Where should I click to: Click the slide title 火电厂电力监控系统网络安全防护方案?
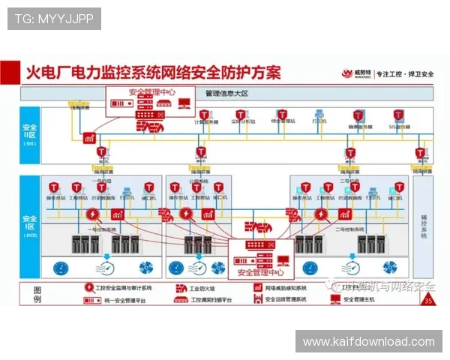click(x=154, y=73)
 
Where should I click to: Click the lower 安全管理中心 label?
click(x=266, y=272)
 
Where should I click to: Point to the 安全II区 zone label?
click(x=30, y=133)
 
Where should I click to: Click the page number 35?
click(x=428, y=301)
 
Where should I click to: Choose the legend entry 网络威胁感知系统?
click(x=286, y=288)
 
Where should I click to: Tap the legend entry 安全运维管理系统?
click(x=286, y=300)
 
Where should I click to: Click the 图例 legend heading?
click(x=38, y=294)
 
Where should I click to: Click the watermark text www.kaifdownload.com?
click(x=369, y=342)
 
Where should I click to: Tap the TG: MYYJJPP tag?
click(x=54, y=19)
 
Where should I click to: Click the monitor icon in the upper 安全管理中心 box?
click(x=184, y=103)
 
